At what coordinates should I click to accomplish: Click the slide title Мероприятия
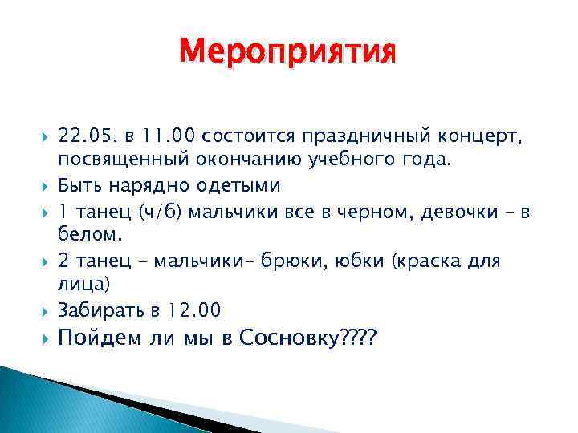(x=288, y=53)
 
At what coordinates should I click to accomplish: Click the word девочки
(x=451, y=212)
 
